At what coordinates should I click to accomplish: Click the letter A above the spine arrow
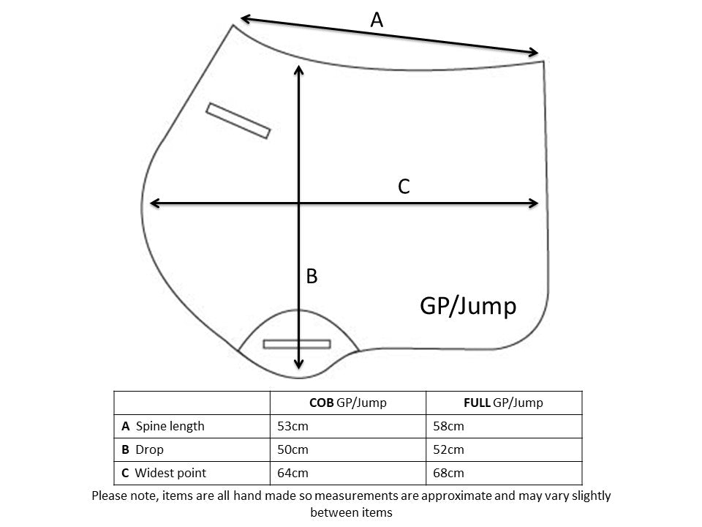point(377,20)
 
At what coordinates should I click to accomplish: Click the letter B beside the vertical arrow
point(312,277)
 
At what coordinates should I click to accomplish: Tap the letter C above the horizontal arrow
point(403,187)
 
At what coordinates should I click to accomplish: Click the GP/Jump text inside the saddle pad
point(468,305)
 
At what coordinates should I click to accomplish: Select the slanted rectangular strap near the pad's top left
point(238,121)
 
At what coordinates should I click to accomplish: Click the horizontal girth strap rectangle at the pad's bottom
point(297,343)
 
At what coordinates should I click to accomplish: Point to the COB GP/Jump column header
point(347,403)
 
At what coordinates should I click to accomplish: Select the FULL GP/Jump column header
point(504,403)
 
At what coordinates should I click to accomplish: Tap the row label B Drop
point(143,449)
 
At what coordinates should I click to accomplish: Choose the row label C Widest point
point(165,473)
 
